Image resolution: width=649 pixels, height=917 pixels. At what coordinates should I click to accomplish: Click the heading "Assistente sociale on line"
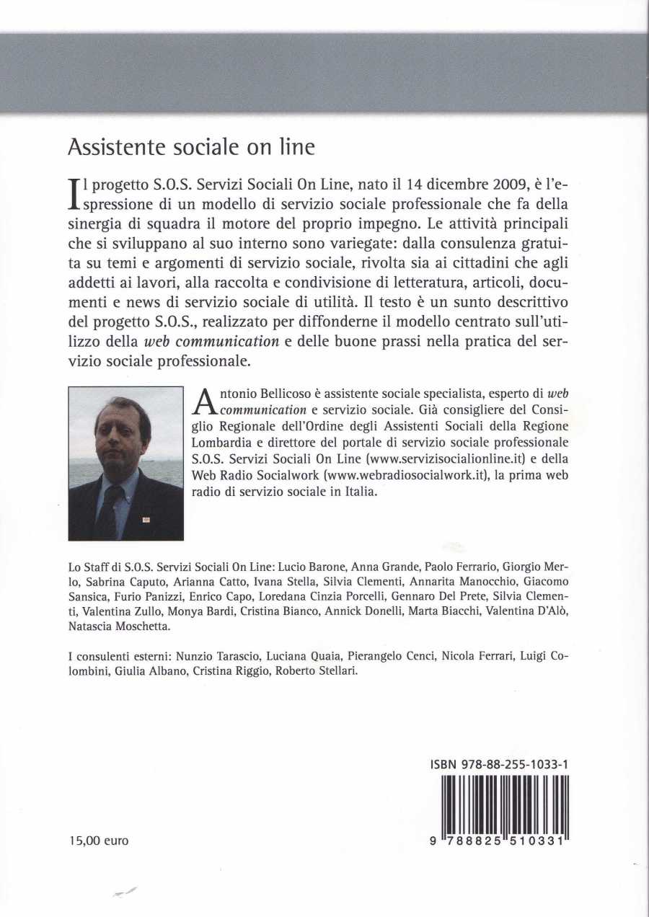point(191,148)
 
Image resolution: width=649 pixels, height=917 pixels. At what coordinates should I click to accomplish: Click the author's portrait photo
point(125,463)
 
